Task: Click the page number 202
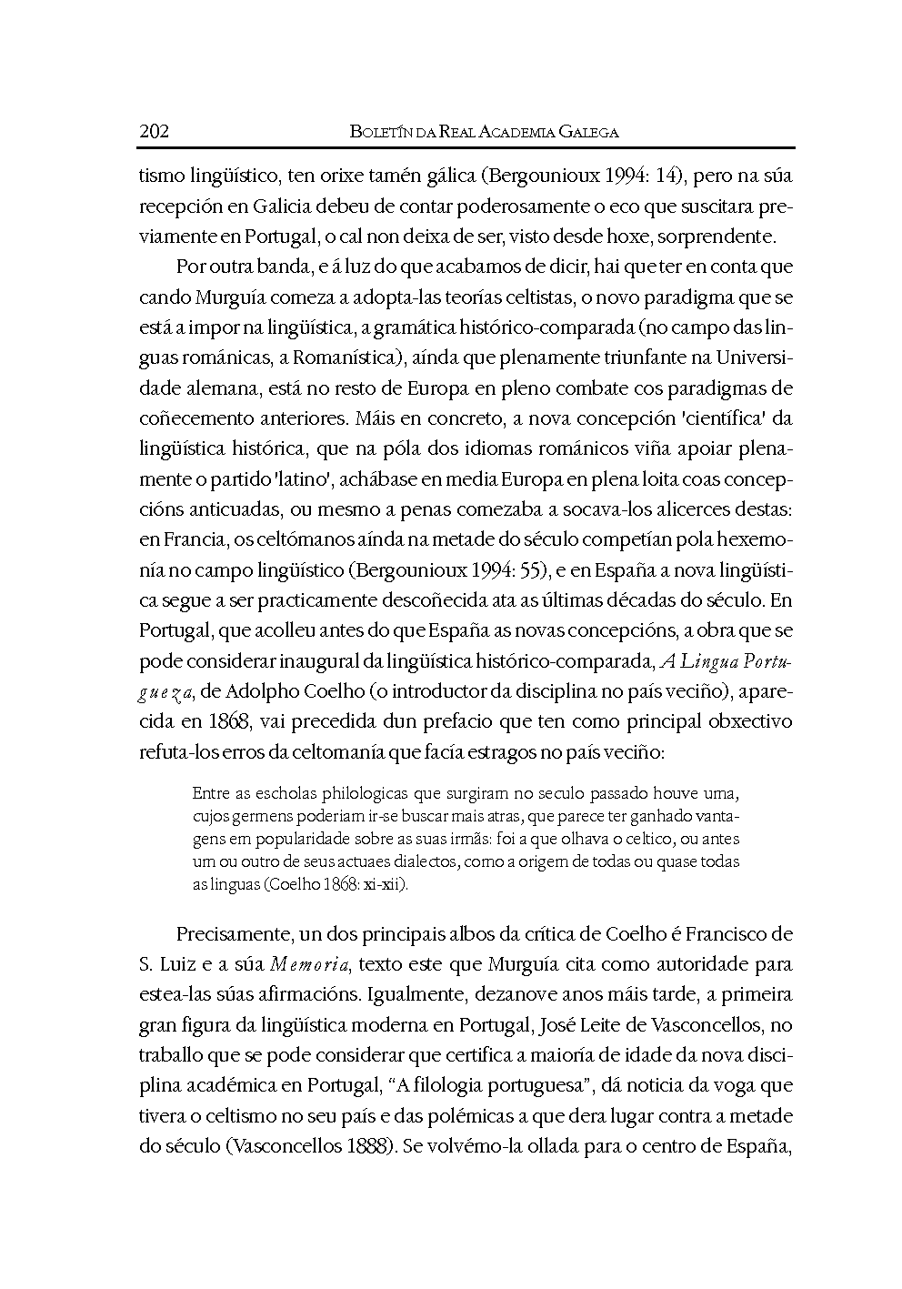(x=154, y=131)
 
